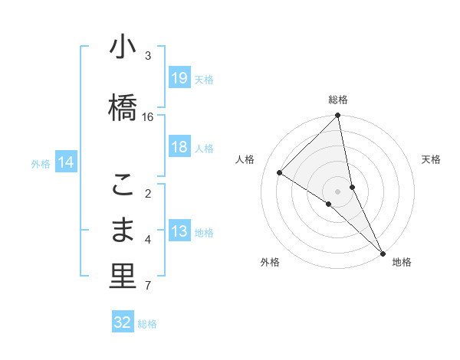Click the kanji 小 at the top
click(123, 47)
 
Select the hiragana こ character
click(123, 185)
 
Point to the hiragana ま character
click(123, 230)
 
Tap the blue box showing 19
click(179, 78)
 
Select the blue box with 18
click(179, 147)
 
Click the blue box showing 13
click(179, 231)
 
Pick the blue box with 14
click(66, 162)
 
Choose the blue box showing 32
click(123, 322)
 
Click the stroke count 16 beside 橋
click(148, 117)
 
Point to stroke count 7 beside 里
click(148, 286)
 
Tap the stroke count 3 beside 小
click(148, 55)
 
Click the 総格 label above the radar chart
click(338, 100)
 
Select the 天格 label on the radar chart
click(431, 159)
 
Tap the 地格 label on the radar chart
click(402, 262)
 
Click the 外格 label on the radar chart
click(270, 262)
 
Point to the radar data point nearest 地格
click(382, 252)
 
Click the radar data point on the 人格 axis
click(280, 172)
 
